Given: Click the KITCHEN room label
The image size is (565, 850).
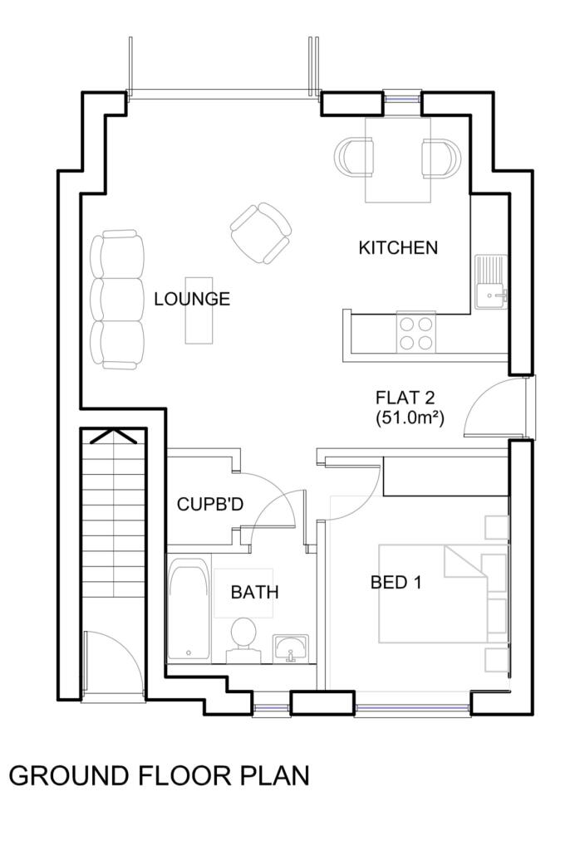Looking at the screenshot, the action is [x=398, y=247].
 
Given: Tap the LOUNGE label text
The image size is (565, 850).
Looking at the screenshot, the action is [x=192, y=299].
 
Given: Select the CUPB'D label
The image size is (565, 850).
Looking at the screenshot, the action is [x=210, y=505].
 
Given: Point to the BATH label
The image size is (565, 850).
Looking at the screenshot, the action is [x=254, y=592].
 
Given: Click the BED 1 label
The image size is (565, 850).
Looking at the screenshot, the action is [x=395, y=583].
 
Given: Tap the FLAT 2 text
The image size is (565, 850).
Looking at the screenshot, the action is [x=405, y=398].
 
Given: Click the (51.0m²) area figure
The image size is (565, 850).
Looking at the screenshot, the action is [x=410, y=418].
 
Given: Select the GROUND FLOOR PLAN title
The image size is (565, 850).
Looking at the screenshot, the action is [x=159, y=776].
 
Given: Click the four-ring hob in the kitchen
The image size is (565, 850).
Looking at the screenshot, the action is [x=416, y=332].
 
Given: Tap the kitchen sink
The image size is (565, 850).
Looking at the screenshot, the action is [x=491, y=282].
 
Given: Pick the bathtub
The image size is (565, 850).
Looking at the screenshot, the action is [x=189, y=609].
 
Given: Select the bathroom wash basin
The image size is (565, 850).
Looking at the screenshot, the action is [x=292, y=648].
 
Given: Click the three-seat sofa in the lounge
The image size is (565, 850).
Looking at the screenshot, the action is [x=117, y=300].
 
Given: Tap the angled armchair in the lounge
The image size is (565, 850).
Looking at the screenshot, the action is [x=261, y=232].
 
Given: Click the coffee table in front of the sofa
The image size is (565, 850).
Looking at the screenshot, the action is [x=199, y=310].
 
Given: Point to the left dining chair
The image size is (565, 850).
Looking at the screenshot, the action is [x=354, y=157].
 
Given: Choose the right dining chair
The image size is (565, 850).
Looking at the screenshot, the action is [x=440, y=159].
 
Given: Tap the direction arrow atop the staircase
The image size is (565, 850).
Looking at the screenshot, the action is [x=113, y=435].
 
